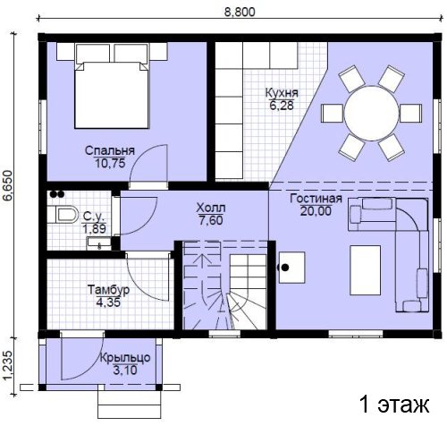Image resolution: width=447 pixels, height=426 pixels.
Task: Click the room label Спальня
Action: [110, 150]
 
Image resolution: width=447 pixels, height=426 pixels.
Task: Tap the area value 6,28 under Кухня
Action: [282, 106]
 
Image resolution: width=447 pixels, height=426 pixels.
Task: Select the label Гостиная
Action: [316, 199]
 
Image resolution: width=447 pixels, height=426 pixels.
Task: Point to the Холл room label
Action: [211, 208]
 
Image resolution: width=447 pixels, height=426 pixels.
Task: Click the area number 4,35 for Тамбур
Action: [108, 302]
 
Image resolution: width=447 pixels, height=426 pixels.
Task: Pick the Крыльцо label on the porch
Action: [125, 358]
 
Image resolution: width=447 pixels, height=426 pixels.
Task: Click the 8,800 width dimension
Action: [240, 12]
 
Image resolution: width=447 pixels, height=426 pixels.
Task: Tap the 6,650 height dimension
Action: [8, 185]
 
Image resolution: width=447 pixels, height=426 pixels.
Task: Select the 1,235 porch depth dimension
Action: [8, 366]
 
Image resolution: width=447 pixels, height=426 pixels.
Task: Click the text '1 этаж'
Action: [394, 405]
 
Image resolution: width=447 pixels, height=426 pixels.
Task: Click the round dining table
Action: [372, 114]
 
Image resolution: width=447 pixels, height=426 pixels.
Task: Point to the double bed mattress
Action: [112, 95]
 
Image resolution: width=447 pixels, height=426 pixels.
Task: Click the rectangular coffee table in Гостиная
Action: [366, 270]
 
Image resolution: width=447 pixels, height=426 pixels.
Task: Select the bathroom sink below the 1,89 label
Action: [98, 243]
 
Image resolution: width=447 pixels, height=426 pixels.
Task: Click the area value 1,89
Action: [94, 229]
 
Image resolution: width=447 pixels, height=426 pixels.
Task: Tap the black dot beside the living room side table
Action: [285, 268]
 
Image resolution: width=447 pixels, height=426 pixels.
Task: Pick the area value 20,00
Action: [316, 211]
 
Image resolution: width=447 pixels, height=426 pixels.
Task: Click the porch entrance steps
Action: [130, 405]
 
